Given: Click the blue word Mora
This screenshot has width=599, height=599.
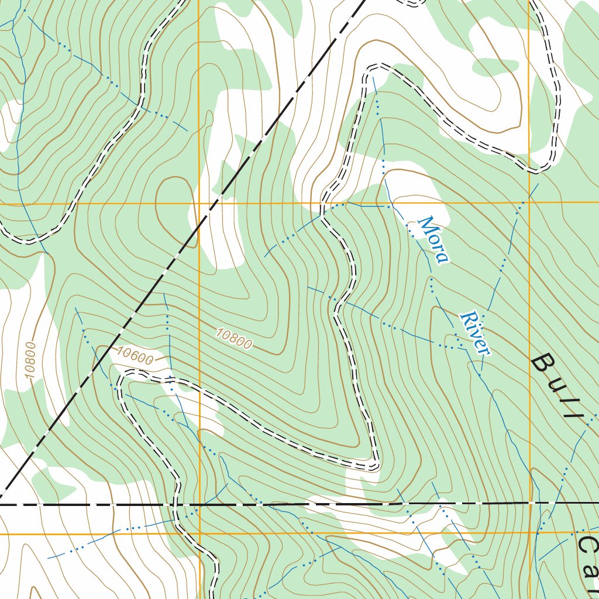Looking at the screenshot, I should (433, 240).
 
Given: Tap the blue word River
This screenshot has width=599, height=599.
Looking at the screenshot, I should (474, 333).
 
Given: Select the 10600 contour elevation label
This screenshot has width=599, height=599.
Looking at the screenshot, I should (135, 355).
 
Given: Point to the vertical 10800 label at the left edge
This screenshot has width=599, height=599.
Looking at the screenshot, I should (31, 360).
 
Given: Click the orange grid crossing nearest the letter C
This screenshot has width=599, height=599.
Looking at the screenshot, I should (529, 533).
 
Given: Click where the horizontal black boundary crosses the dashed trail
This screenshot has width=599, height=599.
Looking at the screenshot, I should (175, 504).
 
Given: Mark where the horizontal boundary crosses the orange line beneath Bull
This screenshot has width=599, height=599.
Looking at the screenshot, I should (529, 502).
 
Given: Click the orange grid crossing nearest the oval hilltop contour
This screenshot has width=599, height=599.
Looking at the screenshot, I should (199, 204).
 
